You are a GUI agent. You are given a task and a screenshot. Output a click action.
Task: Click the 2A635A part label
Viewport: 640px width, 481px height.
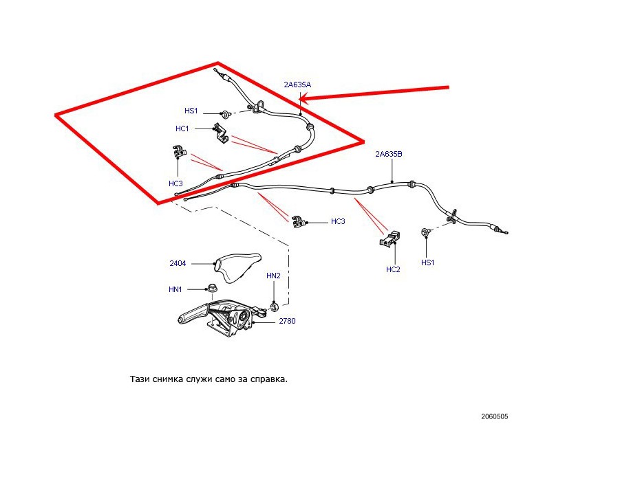(297, 85)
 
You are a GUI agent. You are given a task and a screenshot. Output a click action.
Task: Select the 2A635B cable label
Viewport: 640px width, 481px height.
(388, 155)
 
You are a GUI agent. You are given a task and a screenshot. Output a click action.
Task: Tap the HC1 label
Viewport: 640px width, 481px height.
(182, 128)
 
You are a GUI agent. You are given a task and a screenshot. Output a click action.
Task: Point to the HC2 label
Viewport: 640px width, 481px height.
(393, 269)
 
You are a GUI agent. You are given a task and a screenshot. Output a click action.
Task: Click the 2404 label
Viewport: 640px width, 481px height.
(178, 263)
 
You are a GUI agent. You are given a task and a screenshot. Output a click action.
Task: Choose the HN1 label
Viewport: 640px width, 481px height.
(175, 289)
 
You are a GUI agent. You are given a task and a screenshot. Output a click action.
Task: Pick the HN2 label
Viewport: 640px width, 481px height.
(273, 276)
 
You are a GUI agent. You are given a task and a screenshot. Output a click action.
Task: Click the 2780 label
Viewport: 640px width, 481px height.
(287, 321)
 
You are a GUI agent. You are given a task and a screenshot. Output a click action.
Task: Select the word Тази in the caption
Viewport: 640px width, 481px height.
(140, 379)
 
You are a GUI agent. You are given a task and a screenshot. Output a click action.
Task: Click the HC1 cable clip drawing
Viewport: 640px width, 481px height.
(221, 133)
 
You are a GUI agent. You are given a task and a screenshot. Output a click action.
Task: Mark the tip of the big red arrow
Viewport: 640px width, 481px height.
(301, 100)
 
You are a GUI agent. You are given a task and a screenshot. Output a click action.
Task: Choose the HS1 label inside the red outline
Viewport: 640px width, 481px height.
(191, 111)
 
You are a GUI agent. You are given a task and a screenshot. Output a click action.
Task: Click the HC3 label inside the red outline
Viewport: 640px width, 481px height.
(175, 183)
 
